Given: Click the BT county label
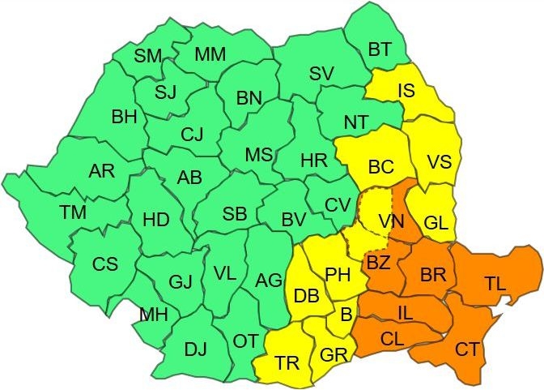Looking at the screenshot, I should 379,49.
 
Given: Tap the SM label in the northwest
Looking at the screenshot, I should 148,56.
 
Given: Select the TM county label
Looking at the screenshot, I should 73,212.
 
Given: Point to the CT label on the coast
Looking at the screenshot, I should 466,349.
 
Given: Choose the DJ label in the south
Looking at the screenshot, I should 195,350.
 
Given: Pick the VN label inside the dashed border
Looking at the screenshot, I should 391,221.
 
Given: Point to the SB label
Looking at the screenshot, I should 235,214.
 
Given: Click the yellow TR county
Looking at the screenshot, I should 286,362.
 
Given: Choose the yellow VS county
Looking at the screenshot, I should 439,161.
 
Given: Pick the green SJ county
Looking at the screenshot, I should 165,92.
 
